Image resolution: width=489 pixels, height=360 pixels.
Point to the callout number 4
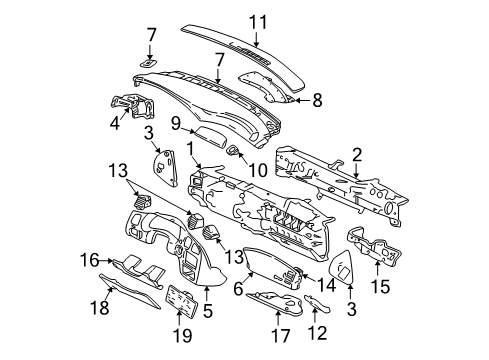click(115, 125)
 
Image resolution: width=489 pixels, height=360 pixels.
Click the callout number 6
click(238, 290)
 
